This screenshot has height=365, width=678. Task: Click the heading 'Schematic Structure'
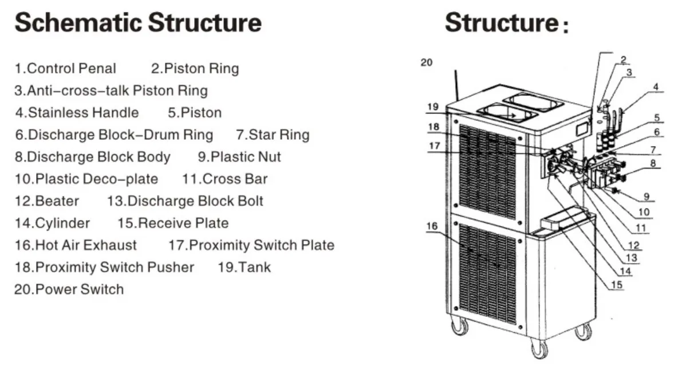137,23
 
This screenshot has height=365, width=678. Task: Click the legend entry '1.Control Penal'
65,69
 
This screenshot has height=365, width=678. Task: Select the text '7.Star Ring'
272,135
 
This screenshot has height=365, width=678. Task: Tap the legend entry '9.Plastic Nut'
239,157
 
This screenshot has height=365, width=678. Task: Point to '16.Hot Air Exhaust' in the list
76,246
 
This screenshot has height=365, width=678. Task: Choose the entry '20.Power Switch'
69,289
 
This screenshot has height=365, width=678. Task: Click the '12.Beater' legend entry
47,201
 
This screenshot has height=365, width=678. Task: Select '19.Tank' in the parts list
244,268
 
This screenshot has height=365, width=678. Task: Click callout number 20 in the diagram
427,62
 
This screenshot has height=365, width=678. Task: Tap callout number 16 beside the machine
432,226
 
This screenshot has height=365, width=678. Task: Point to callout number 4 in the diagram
656,88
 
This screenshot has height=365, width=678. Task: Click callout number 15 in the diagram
616,284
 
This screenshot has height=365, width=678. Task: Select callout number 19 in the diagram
432,107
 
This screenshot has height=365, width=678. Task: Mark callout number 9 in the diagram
646,197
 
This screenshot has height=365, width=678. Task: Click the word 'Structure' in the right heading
501,23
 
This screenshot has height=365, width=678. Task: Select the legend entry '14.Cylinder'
52,223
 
